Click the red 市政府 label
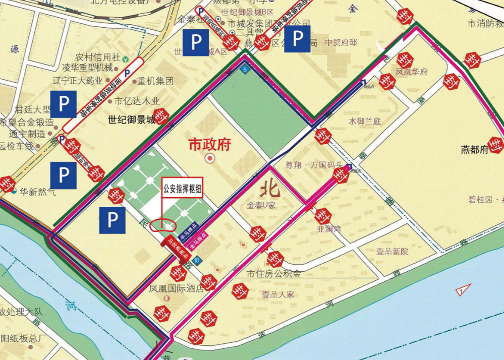pos(209,145)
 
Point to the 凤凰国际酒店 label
pos(176,289)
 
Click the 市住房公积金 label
pos(273,274)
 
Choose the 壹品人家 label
pos(277,294)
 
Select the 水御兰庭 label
pos(364,122)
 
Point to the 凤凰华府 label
pos(411,72)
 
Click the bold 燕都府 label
pos(475,150)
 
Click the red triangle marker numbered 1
pos(463,290)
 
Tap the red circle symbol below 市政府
pos(210,158)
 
